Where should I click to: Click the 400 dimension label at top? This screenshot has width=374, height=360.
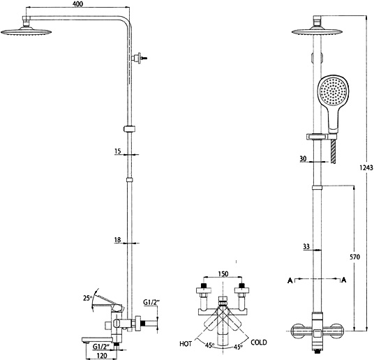click(78, 3)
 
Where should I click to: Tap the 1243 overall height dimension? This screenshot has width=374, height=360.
click(366, 167)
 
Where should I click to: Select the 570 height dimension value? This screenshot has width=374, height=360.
click(355, 257)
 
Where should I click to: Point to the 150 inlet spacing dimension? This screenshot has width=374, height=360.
click(223, 273)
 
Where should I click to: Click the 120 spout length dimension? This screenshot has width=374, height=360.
click(102, 356)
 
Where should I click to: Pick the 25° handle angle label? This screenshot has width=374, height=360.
click(87, 298)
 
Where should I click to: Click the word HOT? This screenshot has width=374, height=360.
click(186, 344)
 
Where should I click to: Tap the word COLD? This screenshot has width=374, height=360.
click(259, 343)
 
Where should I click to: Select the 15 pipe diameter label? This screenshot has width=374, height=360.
click(118, 151)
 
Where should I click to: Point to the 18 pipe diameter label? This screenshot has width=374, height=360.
click(118, 240)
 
